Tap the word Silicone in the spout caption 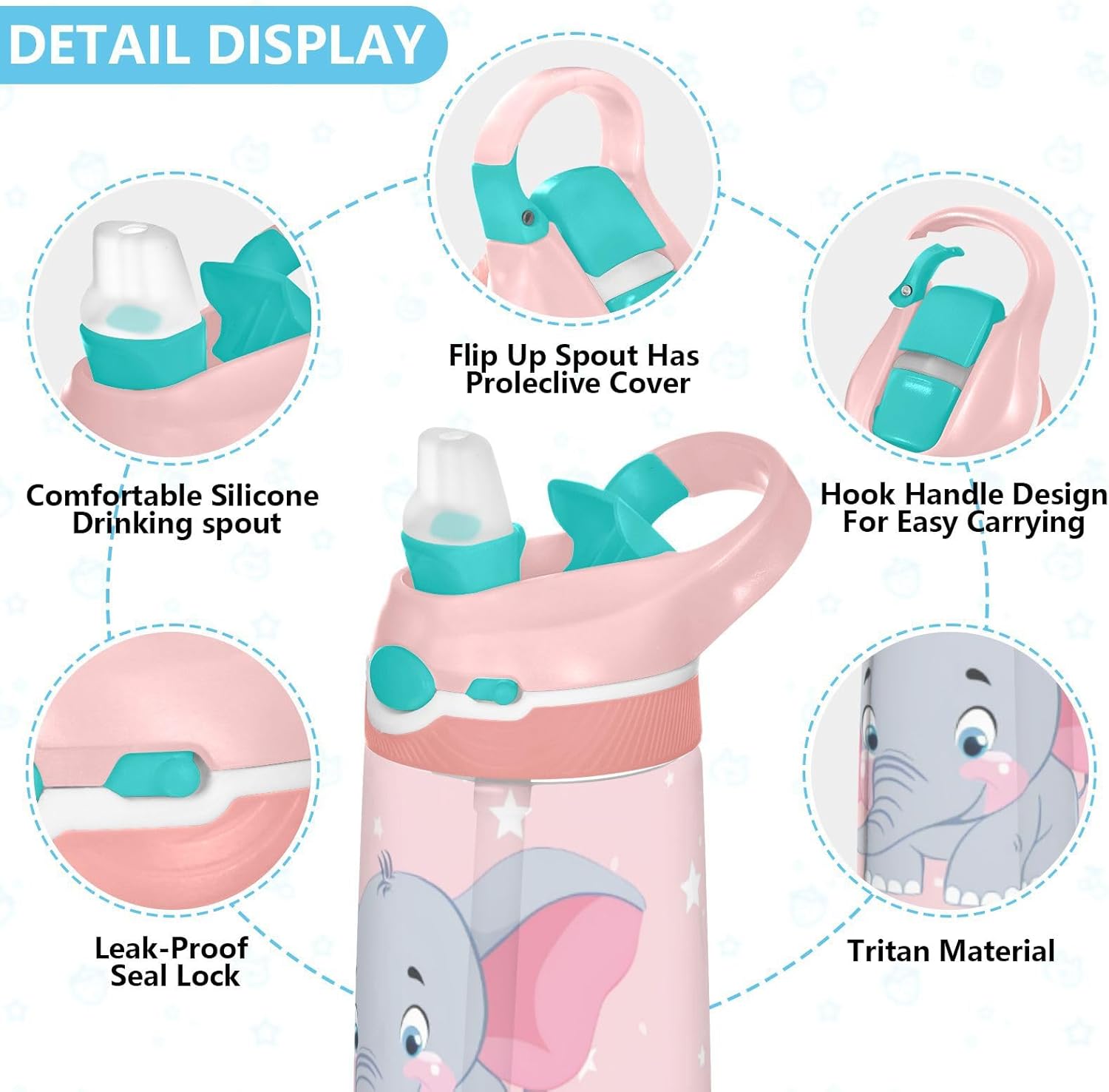coord(264,495)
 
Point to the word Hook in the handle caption coord(859,493)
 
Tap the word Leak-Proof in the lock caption coord(171,948)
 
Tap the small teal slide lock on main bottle coord(492,691)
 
